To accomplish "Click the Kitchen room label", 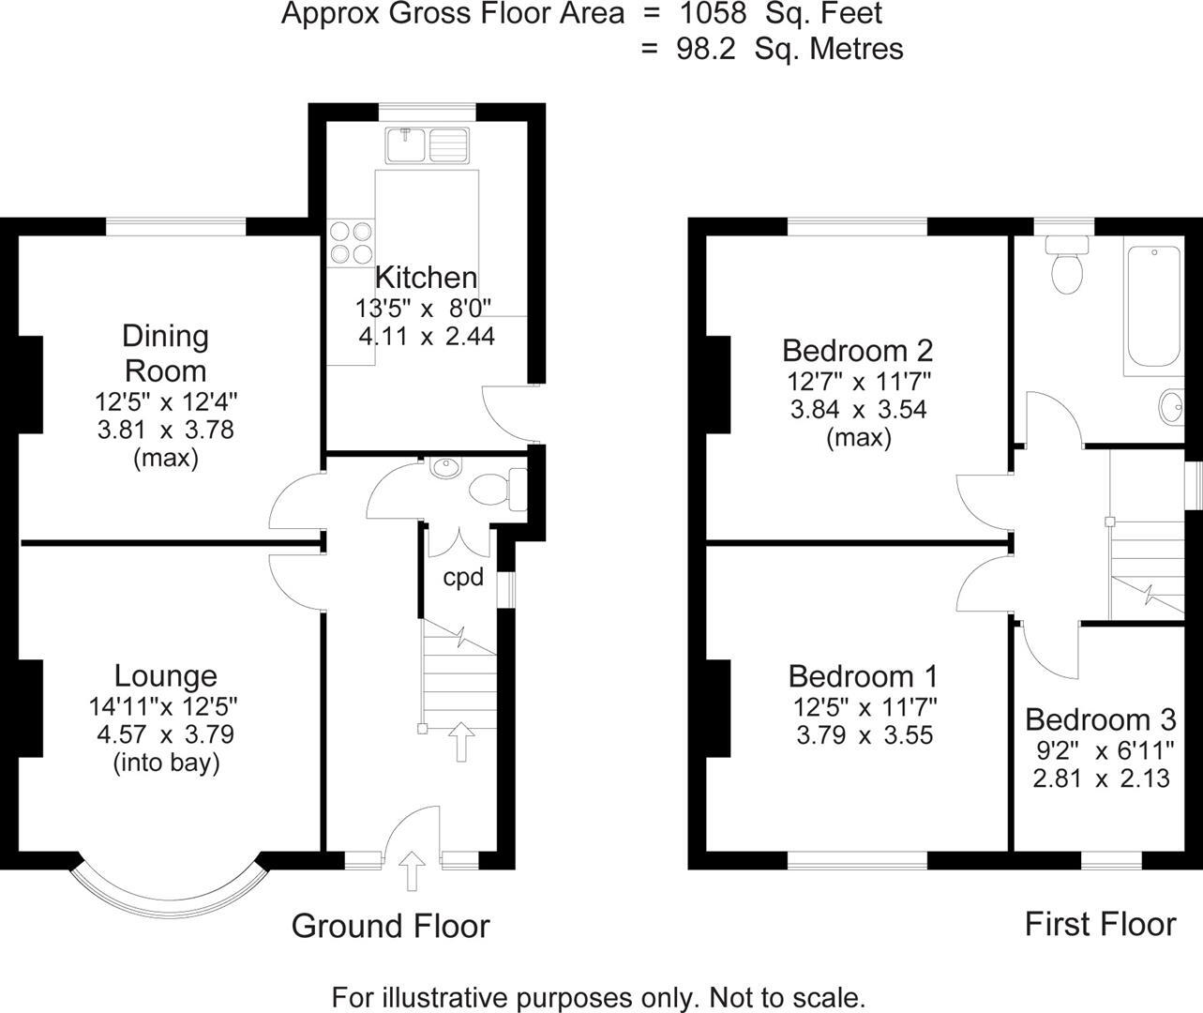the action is tap(427, 278).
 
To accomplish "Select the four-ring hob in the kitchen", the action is tap(351, 243).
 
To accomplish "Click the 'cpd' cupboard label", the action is tap(463, 577).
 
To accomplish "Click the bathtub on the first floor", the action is tap(1153, 306).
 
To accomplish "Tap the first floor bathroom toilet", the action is tap(1067, 265).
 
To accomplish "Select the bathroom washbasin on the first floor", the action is tap(1171, 407).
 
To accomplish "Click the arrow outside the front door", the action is tap(413, 870).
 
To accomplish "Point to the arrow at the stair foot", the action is tap(461, 741).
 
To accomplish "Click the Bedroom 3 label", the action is tap(1101, 719).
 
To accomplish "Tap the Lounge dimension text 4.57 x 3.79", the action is tap(166, 734).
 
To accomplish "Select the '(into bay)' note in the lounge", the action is tap(167, 764).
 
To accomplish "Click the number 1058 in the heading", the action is tap(714, 13).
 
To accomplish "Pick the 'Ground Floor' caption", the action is tap(391, 927).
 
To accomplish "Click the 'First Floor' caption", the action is tap(1101, 924).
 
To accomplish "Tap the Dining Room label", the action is tap(166, 354).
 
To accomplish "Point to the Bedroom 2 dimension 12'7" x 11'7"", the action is tap(859, 381).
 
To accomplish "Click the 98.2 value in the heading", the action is tap(706, 49).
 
